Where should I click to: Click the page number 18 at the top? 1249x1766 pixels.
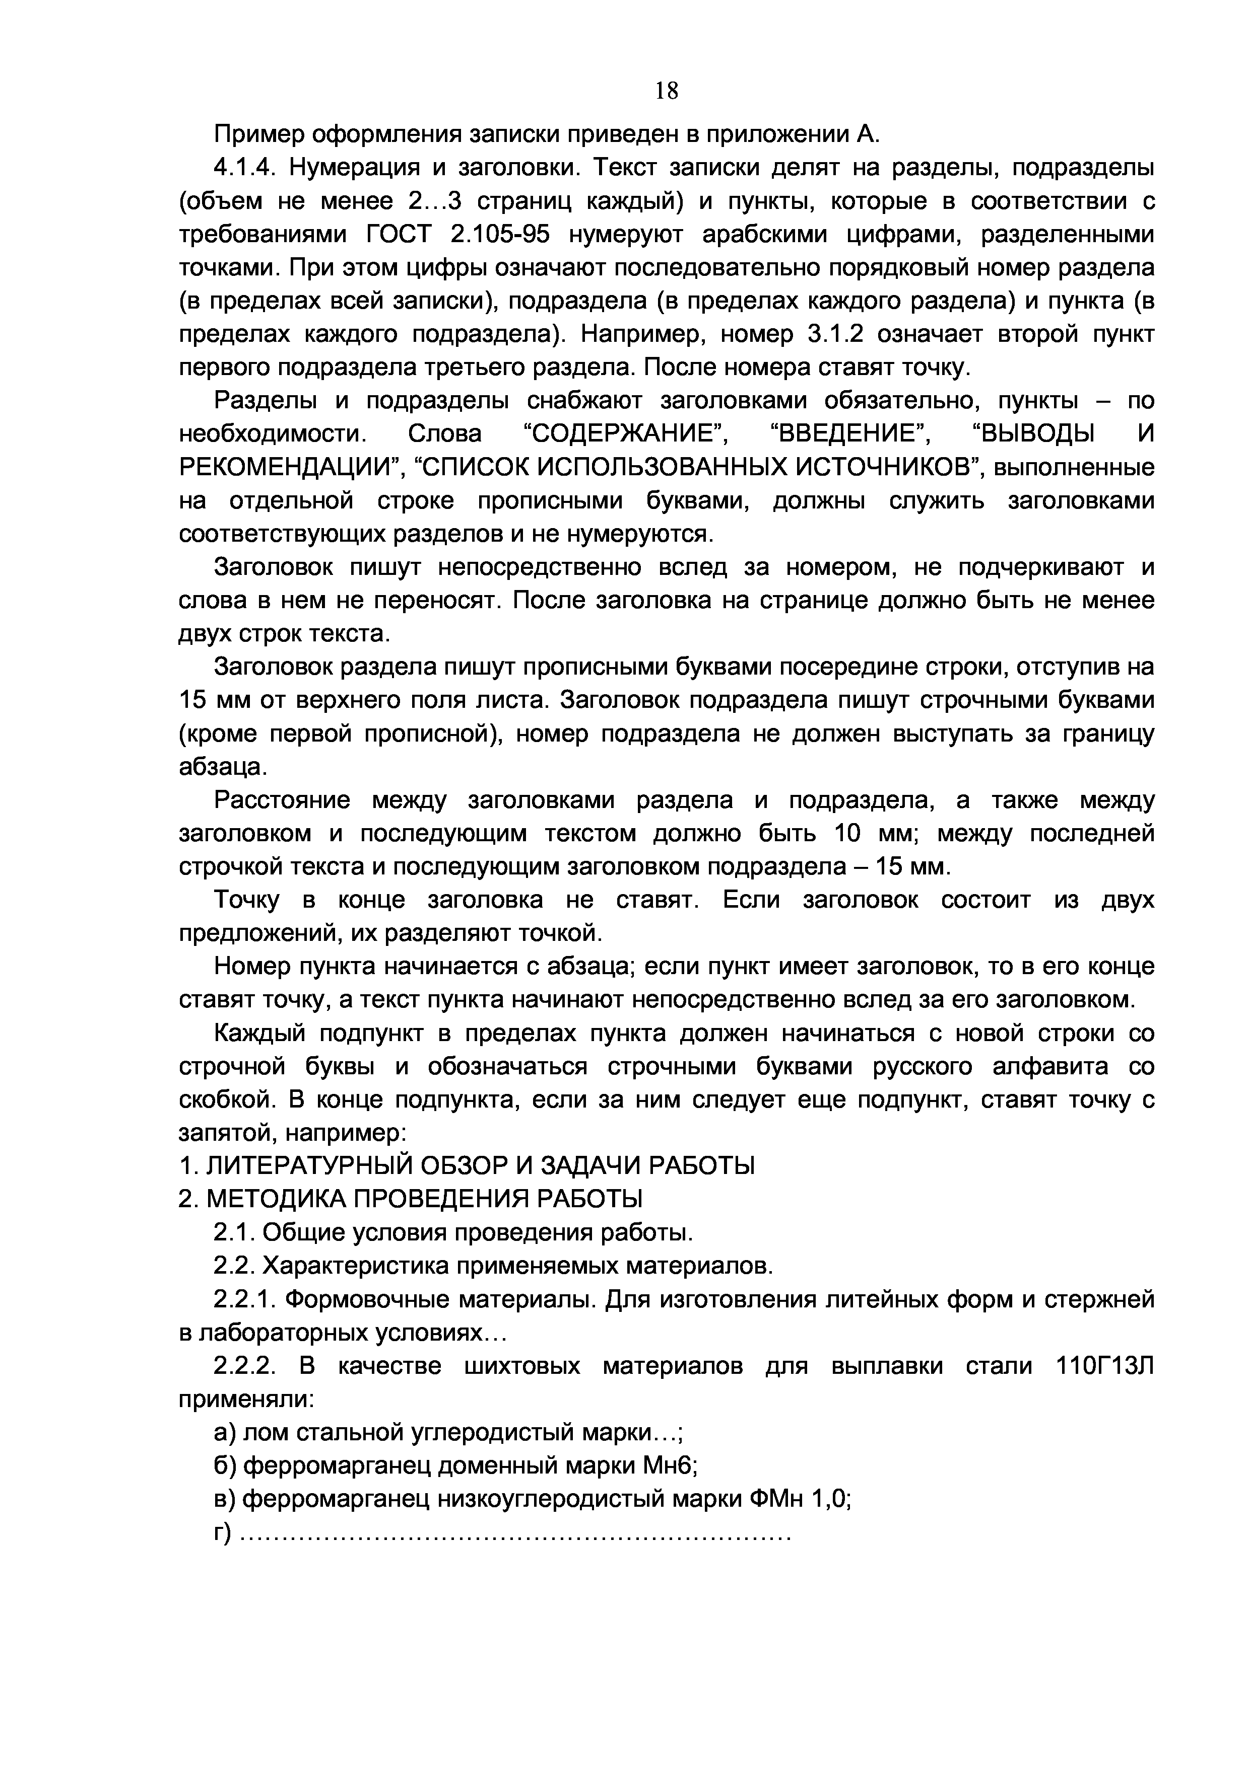point(667,92)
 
